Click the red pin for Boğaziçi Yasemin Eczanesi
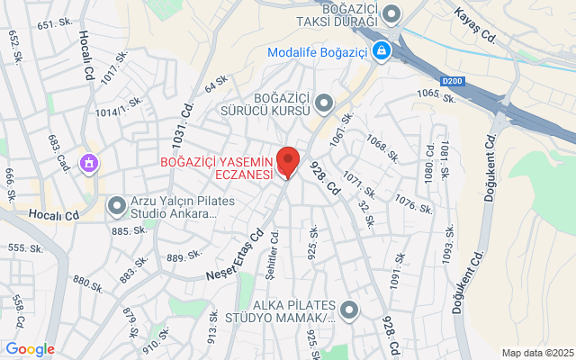point(287,160)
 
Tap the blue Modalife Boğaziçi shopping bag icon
point(382,51)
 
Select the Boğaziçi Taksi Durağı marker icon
point(391,13)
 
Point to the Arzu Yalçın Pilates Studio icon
point(116,207)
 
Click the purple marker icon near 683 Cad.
point(89,163)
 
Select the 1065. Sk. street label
point(438,94)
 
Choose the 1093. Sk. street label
point(446,244)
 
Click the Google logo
point(30,349)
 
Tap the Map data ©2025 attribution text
point(537,353)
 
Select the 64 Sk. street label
point(216,84)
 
